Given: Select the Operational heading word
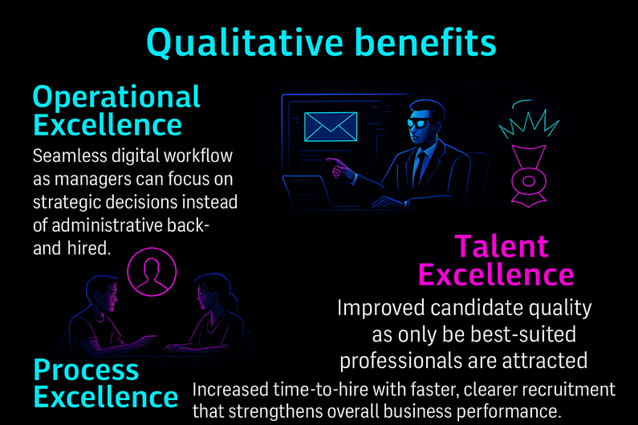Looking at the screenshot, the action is point(116,98).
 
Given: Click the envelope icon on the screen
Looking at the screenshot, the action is point(331,127).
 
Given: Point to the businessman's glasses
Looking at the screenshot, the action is point(419,123).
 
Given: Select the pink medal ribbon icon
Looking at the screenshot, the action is point(529,176).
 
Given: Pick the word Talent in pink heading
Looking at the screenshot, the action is point(502,246).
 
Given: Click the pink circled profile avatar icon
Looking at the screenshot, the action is point(152,272).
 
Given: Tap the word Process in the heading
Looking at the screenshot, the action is point(86,370).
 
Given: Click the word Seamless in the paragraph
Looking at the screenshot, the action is point(70,156).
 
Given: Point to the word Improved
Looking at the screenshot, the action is point(381,308).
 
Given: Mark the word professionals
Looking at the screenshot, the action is point(398,361).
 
